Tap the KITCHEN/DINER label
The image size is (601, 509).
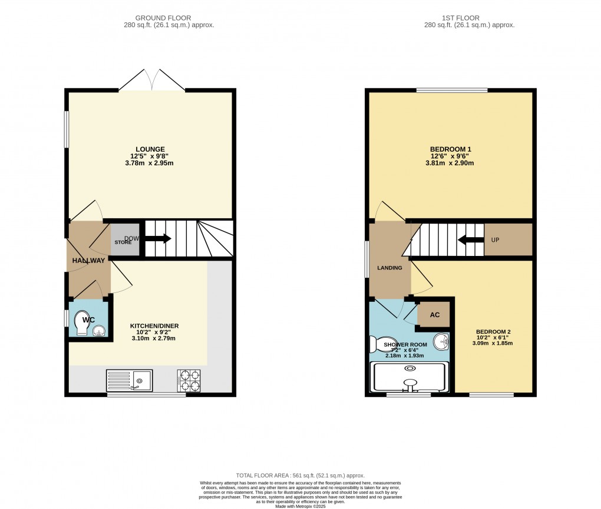154,325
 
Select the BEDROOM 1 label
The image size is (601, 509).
451,149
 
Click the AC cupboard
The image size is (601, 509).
434,315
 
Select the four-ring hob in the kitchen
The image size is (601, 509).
189,381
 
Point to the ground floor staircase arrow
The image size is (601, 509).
158,238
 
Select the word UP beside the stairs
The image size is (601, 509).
496,240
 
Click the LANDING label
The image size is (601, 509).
389,268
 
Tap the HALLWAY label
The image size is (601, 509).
88,261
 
